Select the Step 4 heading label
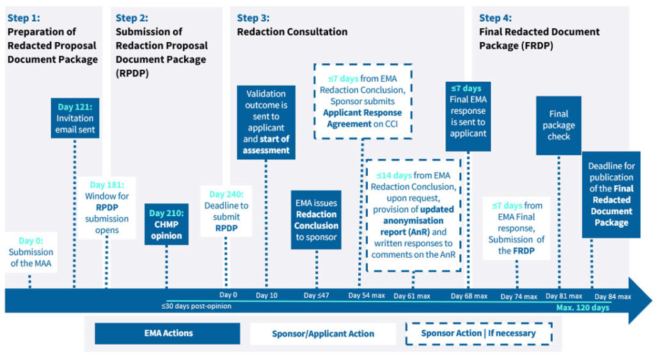point(495,18)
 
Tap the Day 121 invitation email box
point(75,118)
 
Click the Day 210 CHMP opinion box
point(166,224)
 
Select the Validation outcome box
point(265,121)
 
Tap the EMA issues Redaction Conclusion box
point(317,219)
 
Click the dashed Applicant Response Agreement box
point(363,101)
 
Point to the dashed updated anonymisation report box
point(413,215)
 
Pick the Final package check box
point(558,125)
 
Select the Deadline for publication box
point(611,194)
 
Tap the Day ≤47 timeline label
point(316,295)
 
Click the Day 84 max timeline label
point(612,296)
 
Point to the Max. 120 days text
point(582,308)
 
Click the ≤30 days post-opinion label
point(196,306)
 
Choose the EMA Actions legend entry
point(168,333)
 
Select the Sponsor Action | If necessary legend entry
point(478,333)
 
